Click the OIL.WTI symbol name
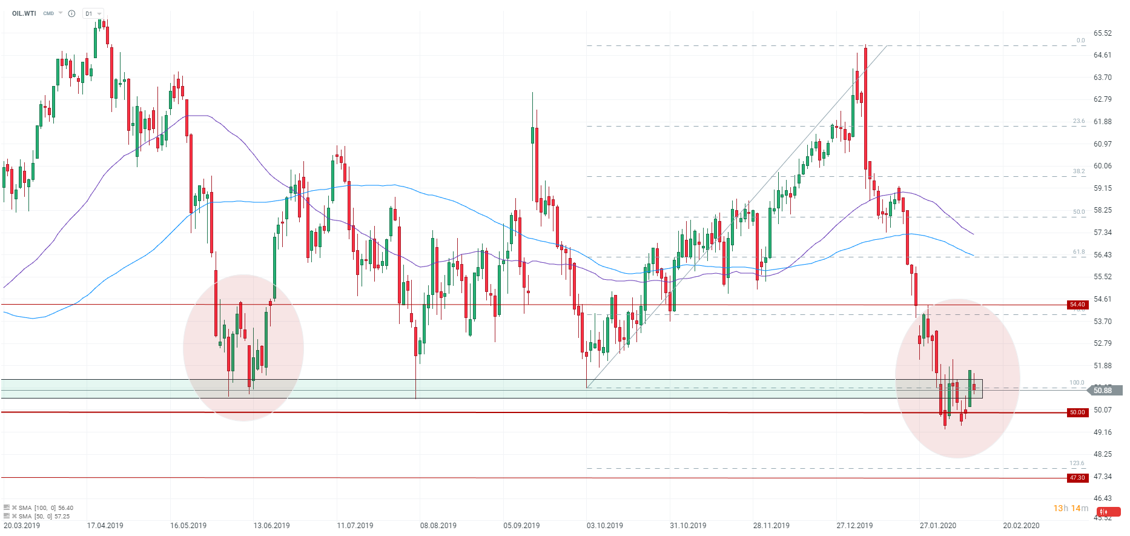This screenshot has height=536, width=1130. pos(24,13)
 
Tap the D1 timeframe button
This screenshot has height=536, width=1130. pos(89,13)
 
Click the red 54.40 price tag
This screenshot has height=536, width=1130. pos(1077,305)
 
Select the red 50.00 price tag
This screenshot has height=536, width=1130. pos(1077,412)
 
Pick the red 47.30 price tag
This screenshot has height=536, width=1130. pos(1077,478)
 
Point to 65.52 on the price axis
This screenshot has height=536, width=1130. pos(1103,33)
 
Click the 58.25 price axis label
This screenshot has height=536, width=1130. pos(1103,210)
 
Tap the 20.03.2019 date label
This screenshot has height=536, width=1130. pos(22,525)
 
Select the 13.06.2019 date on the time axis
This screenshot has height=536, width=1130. pos(271,525)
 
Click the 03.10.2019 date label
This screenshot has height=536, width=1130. pos(604,525)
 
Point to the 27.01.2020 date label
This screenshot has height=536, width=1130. pos(938,525)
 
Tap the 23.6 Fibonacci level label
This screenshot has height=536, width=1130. pos(1079,121)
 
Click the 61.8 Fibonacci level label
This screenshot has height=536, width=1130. pos(1079,252)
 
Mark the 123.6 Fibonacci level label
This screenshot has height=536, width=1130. pos(1077,463)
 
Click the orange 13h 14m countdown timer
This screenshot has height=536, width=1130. pos(1071,508)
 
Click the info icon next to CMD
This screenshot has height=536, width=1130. pos(71,13)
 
